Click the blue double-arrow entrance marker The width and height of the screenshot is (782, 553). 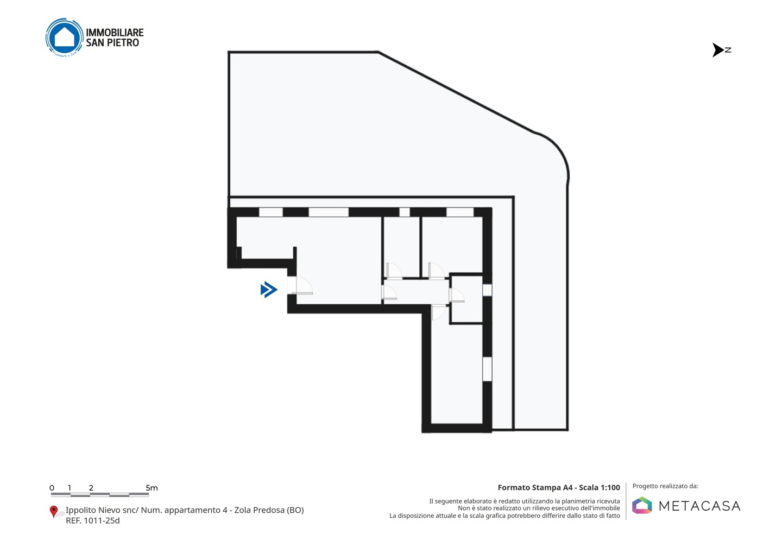click(x=269, y=290)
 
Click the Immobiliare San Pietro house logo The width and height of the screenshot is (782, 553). click(x=65, y=37)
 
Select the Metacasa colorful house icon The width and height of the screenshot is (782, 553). click(x=642, y=505)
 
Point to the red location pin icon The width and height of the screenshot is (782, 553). click(x=53, y=512)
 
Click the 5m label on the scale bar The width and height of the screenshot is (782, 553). click(x=152, y=488)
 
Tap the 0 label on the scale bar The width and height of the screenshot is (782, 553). click(x=52, y=488)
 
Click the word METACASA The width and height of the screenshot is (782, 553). click(x=699, y=506)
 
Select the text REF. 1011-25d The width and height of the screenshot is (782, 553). click(x=92, y=520)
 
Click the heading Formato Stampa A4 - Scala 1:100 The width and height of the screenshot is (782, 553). click(x=559, y=487)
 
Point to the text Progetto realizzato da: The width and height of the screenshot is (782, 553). click(x=665, y=486)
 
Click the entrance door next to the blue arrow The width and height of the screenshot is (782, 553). click(x=300, y=285)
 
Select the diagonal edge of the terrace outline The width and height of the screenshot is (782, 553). click(x=456, y=92)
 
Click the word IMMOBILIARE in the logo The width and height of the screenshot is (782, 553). click(x=115, y=33)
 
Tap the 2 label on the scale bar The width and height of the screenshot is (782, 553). click(x=91, y=488)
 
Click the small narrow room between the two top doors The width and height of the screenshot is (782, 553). click(x=401, y=247)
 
